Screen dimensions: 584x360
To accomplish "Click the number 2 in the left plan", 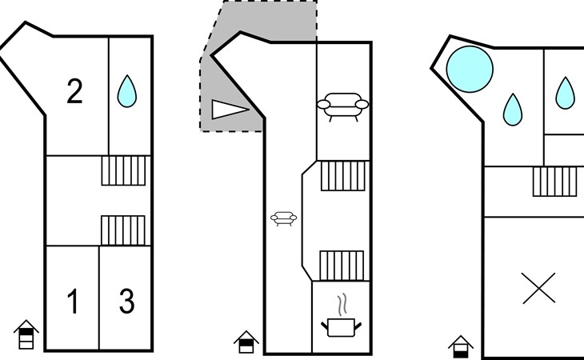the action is pyautogui.click(x=74, y=91).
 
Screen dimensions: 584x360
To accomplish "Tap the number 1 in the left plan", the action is pyautogui.click(x=74, y=301).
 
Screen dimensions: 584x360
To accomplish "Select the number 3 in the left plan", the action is pyautogui.click(x=126, y=301).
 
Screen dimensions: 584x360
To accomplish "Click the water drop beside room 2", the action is pyautogui.click(x=127, y=91).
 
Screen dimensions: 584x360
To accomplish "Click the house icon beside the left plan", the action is pyautogui.click(x=26, y=334).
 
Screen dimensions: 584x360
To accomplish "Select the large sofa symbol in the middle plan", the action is pyautogui.click(x=342, y=106).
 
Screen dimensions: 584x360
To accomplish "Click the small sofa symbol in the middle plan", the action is pyautogui.click(x=284, y=218).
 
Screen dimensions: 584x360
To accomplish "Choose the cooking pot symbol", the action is pyautogui.click(x=341, y=327).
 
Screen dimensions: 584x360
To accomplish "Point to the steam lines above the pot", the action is pyautogui.click(x=342, y=305).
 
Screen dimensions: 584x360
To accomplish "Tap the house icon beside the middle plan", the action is pyautogui.click(x=246, y=342).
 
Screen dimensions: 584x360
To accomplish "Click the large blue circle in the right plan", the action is pyautogui.click(x=470, y=70).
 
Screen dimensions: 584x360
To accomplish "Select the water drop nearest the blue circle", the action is pyautogui.click(x=513, y=109).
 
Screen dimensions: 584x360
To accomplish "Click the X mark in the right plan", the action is pyautogui.click(x=539, y=288).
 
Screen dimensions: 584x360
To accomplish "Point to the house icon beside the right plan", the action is pyautogui.click(x=461, y=347).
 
